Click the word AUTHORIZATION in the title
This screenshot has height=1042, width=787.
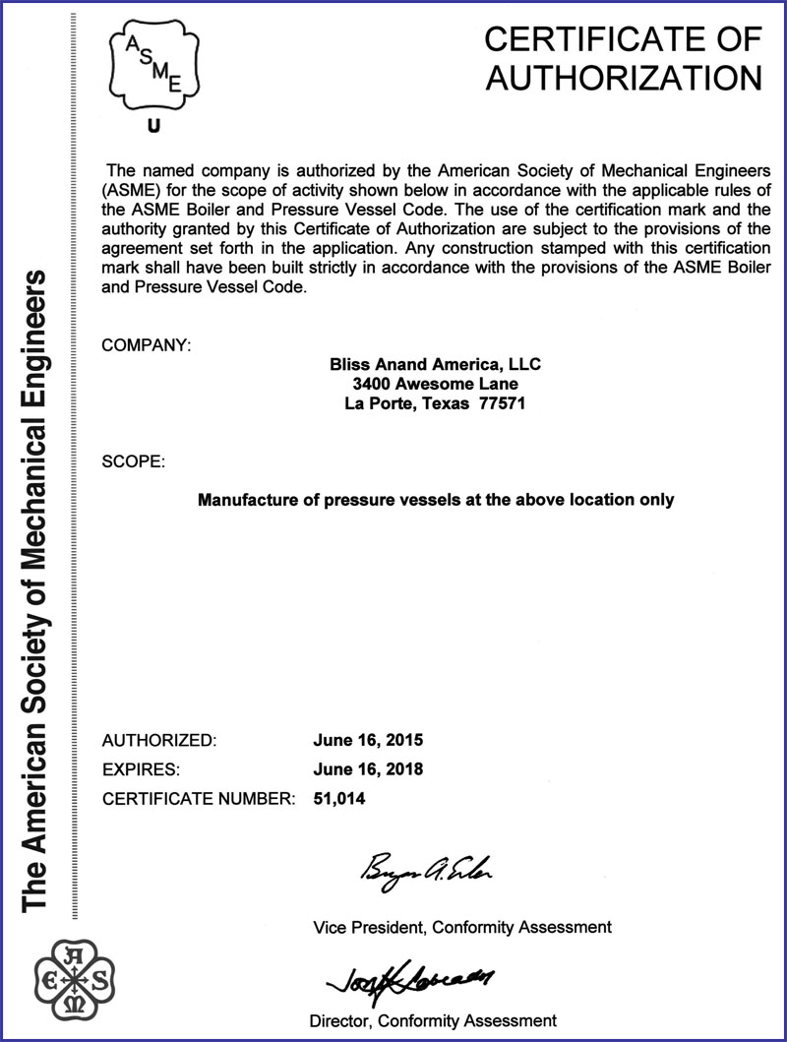625,78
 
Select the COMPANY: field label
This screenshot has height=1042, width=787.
146,345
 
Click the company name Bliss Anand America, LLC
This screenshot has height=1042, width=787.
435,364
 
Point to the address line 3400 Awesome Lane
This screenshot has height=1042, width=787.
435,384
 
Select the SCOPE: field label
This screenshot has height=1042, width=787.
134,460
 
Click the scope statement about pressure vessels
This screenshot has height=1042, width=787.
436,500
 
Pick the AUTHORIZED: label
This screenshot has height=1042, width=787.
158,740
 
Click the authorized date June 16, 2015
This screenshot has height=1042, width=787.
367,740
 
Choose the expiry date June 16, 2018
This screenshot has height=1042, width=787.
367,769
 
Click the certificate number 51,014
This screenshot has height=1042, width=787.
338,799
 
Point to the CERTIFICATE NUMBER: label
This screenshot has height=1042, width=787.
199,799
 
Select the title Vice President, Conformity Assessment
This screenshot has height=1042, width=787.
461,927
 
